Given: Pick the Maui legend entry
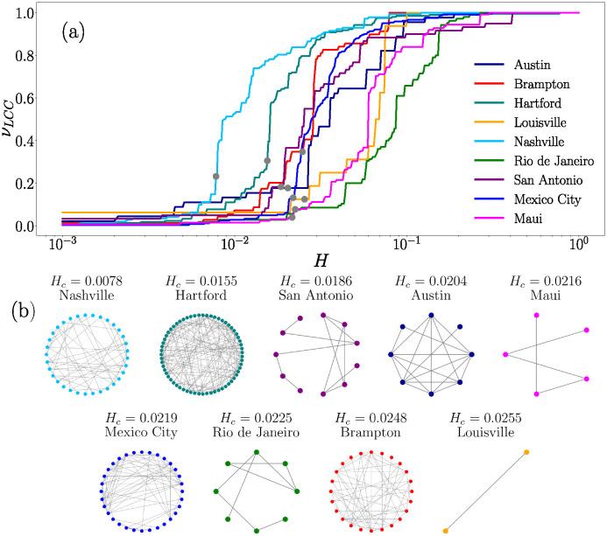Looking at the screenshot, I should pos(526,218).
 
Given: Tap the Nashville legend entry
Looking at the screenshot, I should pos(536,141).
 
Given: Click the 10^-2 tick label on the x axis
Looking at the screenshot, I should pos(234,243).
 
